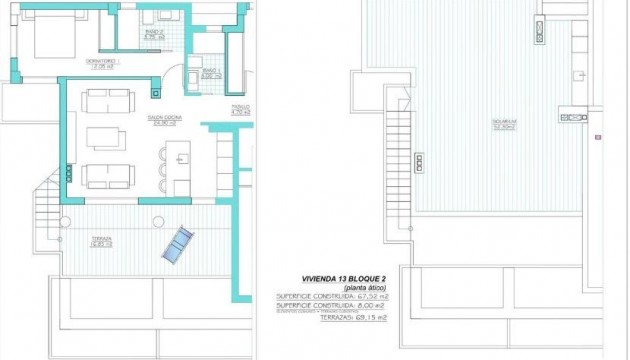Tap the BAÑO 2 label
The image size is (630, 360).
(155, 33)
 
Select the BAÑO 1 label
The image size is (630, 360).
(210, 72)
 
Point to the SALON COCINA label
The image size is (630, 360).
(165, 120)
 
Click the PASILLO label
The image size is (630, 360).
(240, 109)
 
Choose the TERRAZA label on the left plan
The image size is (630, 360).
(101, 241)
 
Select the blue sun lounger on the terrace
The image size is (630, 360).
(179, 245)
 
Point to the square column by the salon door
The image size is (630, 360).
(155, 92)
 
